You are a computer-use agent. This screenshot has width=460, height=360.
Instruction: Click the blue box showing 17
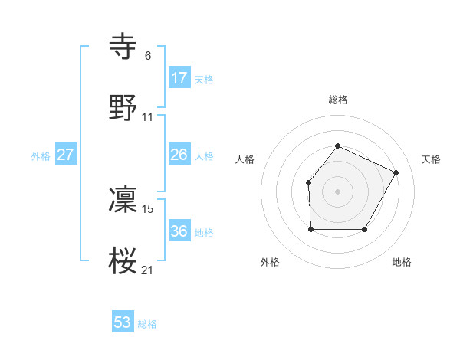coord(179,78)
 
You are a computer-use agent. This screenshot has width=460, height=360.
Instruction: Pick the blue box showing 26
coord(179,155)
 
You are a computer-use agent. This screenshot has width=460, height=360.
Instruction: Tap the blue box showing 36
coord(179,231)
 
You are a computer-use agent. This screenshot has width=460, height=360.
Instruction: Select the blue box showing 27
coord(66,155)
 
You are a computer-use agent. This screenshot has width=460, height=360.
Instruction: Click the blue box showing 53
coord(123,322)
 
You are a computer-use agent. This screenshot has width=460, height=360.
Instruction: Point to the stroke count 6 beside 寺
coord(148,55)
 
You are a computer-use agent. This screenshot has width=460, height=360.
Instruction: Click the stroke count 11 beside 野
coord(148,117)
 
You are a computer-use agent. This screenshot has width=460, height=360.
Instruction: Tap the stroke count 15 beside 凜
coord(148,208)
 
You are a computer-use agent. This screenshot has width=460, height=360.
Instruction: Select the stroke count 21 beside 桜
coord(148,269)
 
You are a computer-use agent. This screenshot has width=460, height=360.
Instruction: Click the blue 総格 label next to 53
coord(147,324)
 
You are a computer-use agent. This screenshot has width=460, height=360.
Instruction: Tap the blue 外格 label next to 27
coord(41,156)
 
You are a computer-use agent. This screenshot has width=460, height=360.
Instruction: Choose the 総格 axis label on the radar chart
coord(337,100)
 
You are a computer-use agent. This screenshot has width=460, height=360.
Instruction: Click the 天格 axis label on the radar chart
coord(431,159)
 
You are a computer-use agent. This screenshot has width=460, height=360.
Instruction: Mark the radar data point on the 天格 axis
coord(396,172)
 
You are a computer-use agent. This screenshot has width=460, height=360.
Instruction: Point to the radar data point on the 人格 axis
coord(308,182)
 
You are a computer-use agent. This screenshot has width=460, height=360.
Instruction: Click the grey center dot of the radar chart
coord(337,191)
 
